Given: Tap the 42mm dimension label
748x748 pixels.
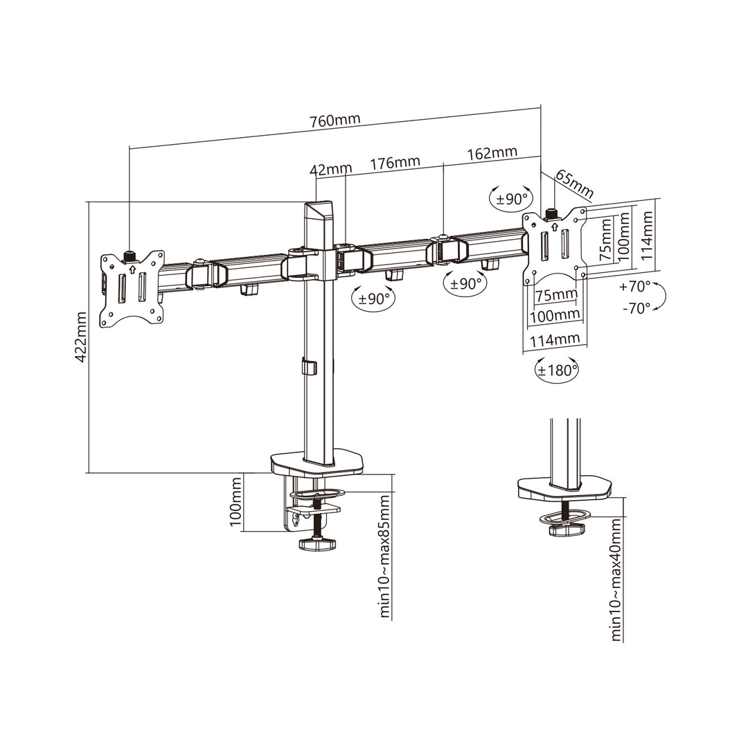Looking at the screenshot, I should (x=331, y=169).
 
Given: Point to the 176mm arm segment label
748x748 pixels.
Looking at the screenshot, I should (x=395, y=163).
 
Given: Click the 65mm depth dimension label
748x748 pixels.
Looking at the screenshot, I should (x=574, y=184).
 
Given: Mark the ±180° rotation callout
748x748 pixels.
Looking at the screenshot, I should (x=556, y=370).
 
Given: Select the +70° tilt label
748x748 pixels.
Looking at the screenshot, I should (x=635, y=285).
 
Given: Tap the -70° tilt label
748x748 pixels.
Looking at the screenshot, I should (x=635, y=308).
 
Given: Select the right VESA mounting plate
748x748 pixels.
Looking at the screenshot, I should (x=555, y=247).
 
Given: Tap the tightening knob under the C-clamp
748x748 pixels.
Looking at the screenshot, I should (x=318, y=543).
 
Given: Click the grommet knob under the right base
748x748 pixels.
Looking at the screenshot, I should (x=567, y=530).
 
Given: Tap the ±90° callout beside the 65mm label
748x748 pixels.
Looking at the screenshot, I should (x=511, y=199).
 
